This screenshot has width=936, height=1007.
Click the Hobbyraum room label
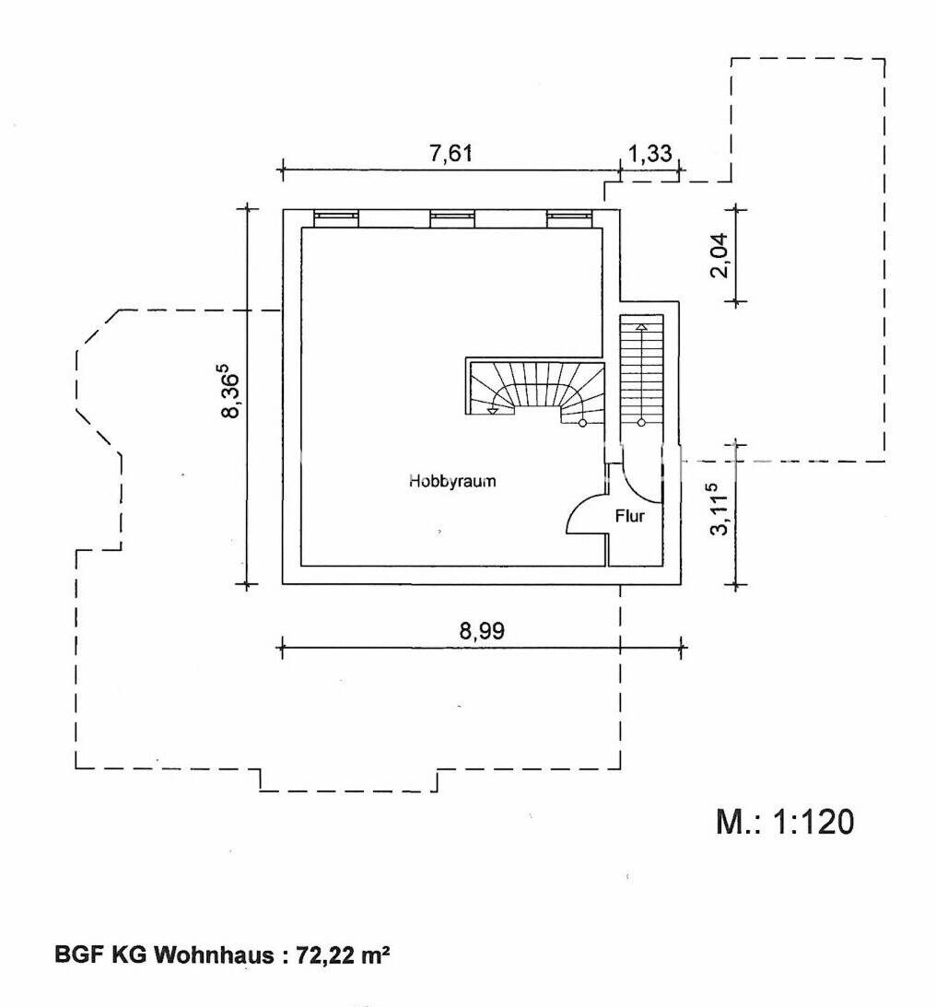coord(452,480)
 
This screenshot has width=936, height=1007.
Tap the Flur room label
coord(629,516)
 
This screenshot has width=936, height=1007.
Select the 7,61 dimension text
coord(450,154)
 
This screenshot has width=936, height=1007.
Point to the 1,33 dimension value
coord(649,154)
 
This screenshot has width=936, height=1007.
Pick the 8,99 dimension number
coord(482,631)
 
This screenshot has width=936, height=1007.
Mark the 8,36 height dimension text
coord(229,392)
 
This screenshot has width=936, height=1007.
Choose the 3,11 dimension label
coord(720,509)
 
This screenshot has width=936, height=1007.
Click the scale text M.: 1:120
coord(785,822)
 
